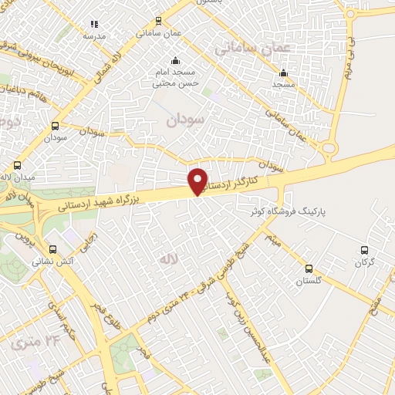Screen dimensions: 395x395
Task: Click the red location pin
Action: coord(197,181)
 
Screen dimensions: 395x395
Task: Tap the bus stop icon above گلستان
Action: coord(309,268)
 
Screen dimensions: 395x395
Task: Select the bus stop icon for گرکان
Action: coord(365,250)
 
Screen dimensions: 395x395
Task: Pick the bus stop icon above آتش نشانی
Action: coord(53,249)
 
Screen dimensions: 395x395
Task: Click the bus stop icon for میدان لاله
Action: coord(18,165)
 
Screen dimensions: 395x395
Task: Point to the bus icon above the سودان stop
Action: coord(55,126)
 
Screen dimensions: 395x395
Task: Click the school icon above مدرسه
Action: coord(94,25)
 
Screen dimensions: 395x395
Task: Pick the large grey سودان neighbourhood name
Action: coord(186,120)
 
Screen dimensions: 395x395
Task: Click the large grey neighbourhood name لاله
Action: coord(169,260)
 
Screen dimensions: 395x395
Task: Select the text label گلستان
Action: coord(309,281)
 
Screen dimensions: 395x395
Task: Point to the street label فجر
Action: coord(143,353)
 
